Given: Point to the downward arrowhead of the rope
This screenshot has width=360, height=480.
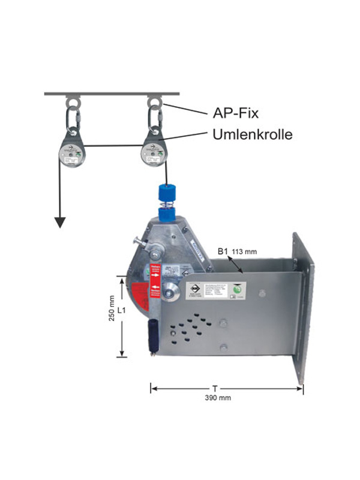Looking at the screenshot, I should point(59,223).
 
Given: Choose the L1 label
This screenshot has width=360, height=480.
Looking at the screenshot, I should point(122,311).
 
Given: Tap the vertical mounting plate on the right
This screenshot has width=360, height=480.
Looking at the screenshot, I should point(304,306).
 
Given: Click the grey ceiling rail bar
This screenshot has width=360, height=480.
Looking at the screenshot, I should point(112,94).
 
